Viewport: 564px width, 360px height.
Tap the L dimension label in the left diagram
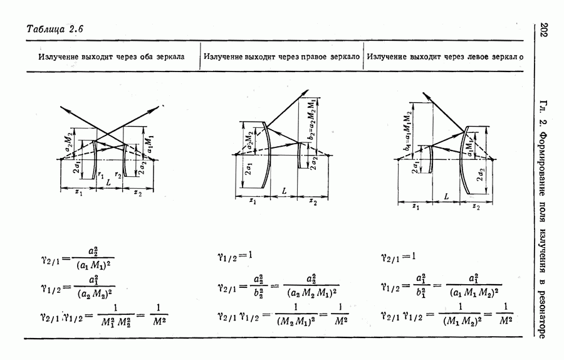coord(109,183)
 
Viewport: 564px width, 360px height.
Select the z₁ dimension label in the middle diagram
coord(252,201)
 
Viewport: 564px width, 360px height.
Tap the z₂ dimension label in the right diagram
coord(476,206)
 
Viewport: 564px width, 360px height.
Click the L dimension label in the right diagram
coord(446,197)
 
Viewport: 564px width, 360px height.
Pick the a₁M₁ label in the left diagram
coord(149,143)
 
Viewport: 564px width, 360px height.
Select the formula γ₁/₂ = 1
coord(234,255)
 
